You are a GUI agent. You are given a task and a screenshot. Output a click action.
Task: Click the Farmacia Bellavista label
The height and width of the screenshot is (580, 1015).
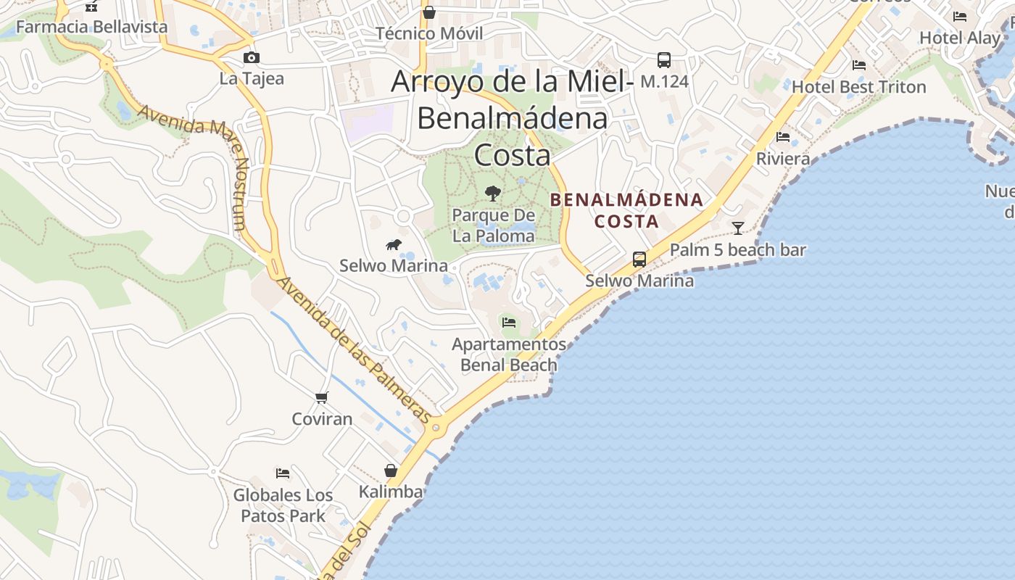pos(91,27)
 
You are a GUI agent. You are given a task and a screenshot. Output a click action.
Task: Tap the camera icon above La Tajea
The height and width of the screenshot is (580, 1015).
pos(252,58)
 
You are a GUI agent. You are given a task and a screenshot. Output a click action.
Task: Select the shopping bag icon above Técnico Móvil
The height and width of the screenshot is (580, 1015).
pos(429,12)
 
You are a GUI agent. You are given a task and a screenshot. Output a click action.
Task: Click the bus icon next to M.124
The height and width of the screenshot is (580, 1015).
pos(664,60)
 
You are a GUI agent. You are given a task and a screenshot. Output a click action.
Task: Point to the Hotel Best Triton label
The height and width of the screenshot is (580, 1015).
pos(858,87)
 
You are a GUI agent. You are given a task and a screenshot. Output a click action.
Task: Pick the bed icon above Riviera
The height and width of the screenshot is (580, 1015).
pos(783,136)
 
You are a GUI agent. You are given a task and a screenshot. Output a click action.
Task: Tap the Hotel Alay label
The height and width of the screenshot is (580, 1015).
pos(959,37)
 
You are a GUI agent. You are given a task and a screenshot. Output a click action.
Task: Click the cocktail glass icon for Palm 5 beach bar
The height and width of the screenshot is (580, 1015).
pos(738,228)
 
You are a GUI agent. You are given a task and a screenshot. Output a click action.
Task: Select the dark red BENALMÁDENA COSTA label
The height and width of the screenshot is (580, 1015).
pos(626,210)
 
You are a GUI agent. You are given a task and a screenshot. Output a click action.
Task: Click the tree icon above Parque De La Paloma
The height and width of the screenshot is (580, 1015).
pos(493,194)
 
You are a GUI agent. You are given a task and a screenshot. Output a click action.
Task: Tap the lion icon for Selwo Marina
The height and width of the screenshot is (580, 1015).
pos(394,245)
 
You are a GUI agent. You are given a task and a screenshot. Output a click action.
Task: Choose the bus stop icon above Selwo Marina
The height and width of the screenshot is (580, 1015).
pos(639,260)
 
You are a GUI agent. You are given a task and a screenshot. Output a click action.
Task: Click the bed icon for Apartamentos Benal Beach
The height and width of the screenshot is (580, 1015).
pos(508,322)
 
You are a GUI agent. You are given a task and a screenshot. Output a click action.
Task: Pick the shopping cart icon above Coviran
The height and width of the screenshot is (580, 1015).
pos(322,397)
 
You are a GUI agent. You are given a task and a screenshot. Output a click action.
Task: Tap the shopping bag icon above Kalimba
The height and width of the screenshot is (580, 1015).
pos(391,471)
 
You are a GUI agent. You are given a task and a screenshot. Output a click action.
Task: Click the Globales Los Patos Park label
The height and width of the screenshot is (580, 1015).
pos(283,506)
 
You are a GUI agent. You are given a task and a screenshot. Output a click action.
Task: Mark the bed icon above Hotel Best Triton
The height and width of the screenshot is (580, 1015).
pos(859,65)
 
